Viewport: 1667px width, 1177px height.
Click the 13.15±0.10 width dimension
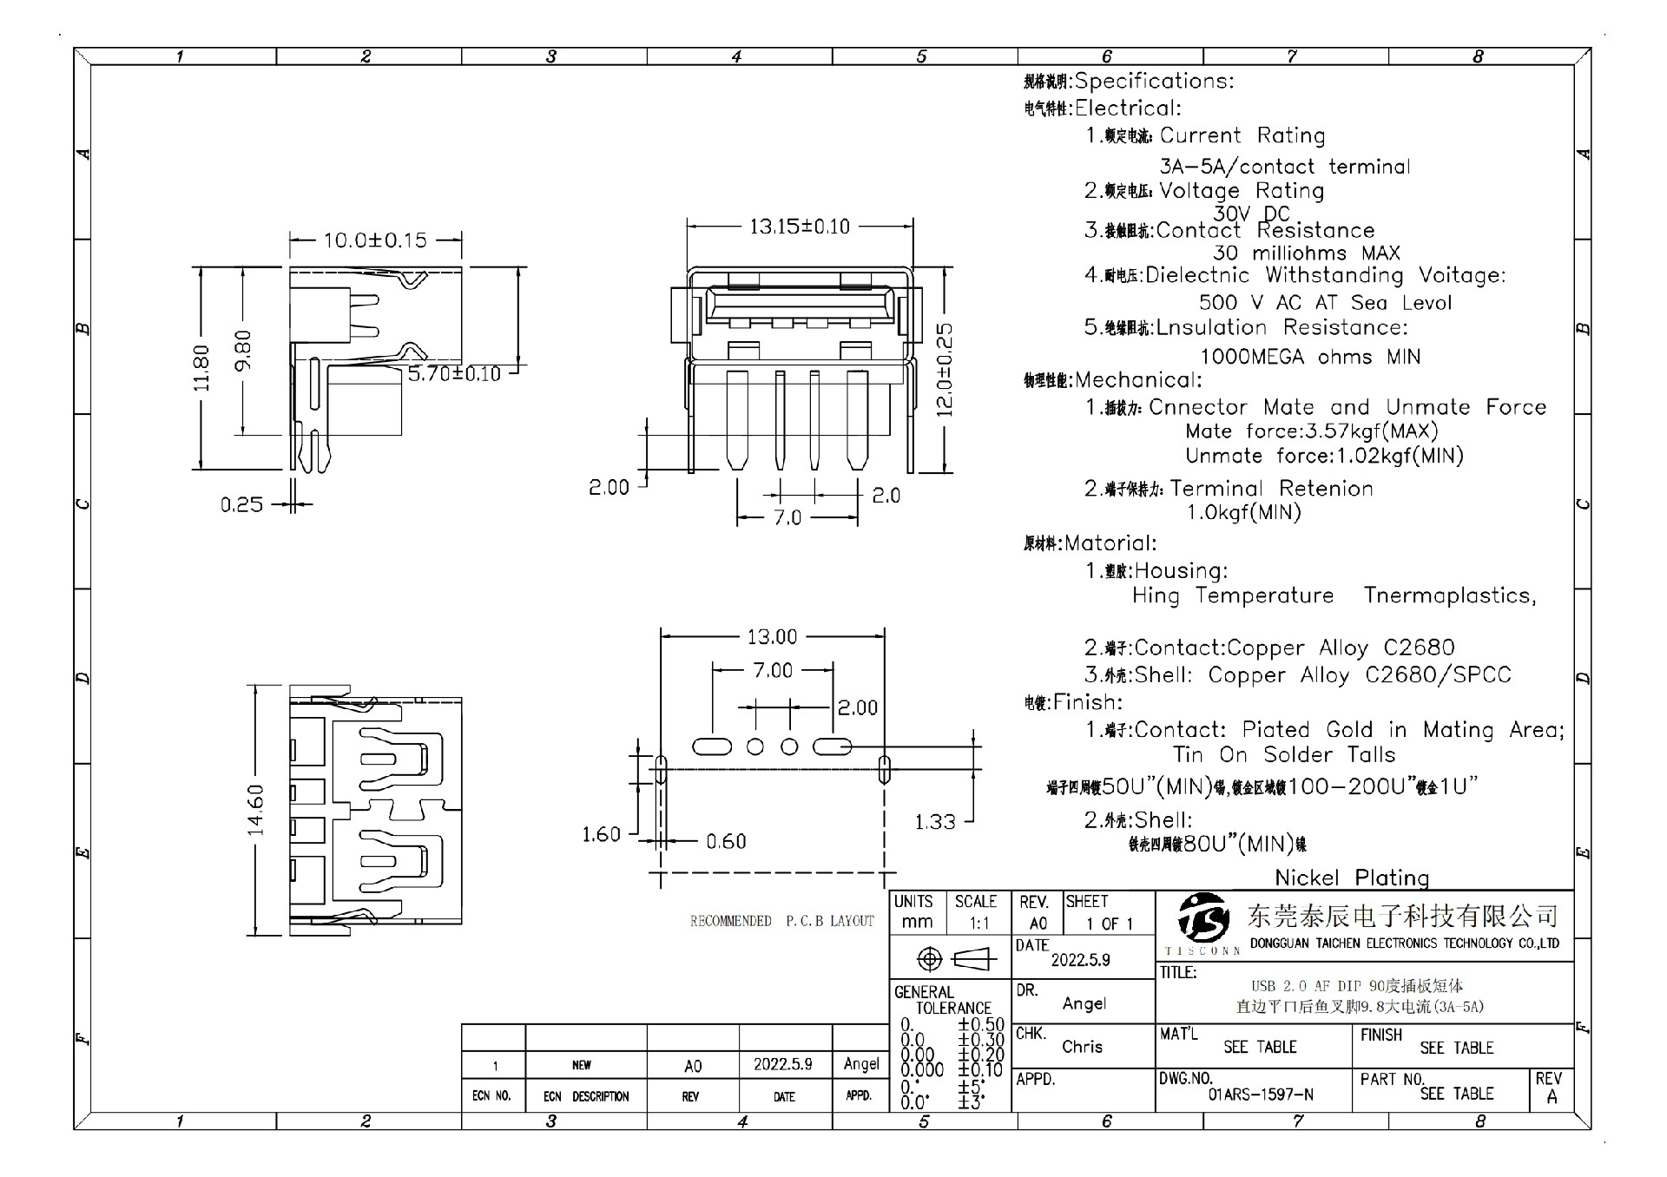click(x=799, y=227)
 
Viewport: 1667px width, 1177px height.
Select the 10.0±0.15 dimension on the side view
click(x=375, y=240)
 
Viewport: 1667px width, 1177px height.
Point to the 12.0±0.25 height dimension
click(x=945, y=369)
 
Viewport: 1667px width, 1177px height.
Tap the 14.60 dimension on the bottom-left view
click(x=255, y=810)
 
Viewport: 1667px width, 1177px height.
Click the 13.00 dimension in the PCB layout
click(x=772, y=637)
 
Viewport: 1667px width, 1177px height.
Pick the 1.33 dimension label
click(x=934, y=821)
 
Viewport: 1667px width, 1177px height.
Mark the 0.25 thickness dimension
click(x=241, y=504)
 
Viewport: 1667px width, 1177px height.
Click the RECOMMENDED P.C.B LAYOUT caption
click(x=781, y=921)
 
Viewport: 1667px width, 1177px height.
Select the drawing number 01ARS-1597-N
click(x=1260, y=1095)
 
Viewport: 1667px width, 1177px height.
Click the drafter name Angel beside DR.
click(x=1084, y=1003)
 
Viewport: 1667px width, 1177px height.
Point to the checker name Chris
click(x=1082, y=1047)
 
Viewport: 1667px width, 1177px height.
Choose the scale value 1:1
click(x=978, y=924)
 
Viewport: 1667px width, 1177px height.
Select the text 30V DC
click(x=1251, y=214)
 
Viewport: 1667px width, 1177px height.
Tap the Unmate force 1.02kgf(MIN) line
click(x=1324, y=456)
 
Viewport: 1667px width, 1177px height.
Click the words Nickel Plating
click(x=1352, y=878)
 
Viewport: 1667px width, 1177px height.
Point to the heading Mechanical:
click(x=1137, y=380)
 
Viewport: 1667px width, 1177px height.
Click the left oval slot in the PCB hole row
click(x=712, y=746)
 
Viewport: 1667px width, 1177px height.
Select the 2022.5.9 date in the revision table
click(x=782, y=1064)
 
